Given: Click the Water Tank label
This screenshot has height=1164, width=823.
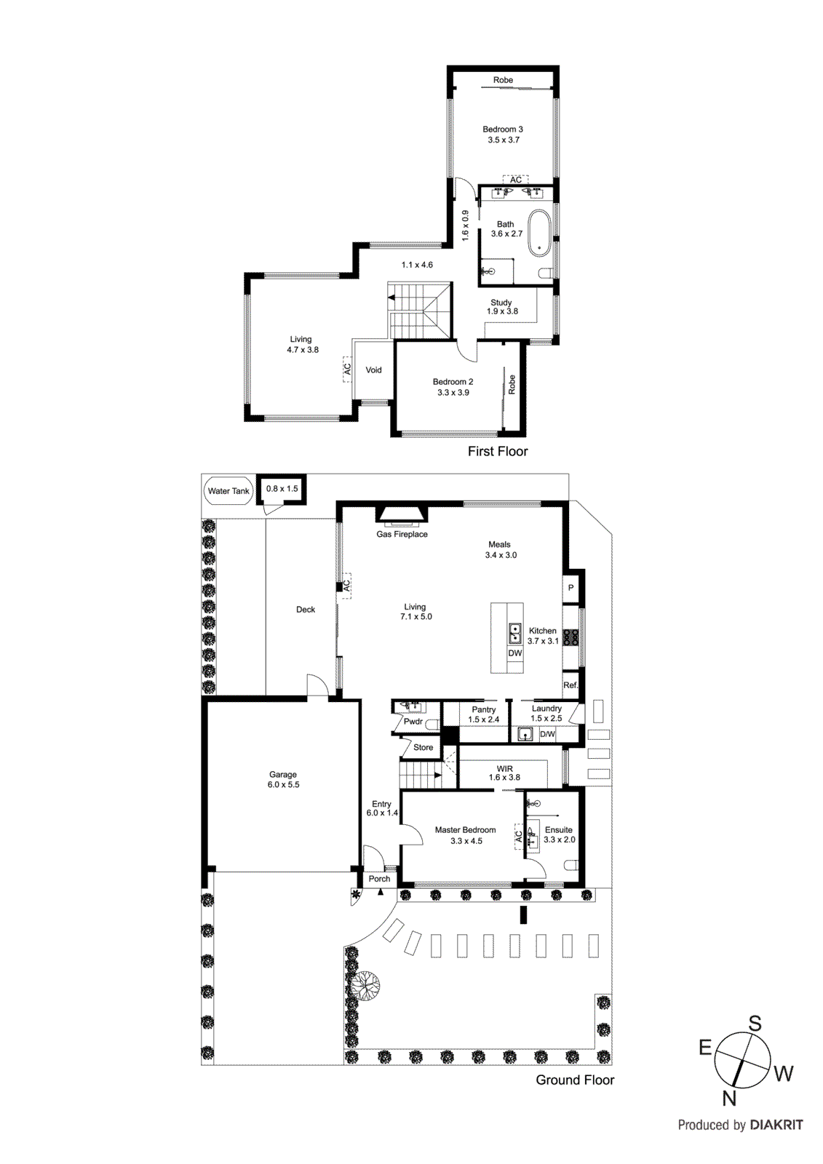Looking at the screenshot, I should (228, 491).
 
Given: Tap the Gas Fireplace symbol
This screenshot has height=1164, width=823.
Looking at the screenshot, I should (402, 515).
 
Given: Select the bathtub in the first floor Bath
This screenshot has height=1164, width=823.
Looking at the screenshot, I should (539, 233).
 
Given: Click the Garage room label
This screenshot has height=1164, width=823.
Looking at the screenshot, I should (283, 775).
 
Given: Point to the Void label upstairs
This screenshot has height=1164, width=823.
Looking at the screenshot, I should (373, 370).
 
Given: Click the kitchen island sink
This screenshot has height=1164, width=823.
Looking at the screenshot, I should (515, 633).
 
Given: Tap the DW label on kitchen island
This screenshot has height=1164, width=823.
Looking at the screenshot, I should (515, 653).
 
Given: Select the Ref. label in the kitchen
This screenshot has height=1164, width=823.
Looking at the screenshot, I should (570, 685).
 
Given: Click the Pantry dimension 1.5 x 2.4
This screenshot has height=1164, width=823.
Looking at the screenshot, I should (484, 719).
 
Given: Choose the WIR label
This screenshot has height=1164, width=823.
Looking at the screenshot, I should (505, 769).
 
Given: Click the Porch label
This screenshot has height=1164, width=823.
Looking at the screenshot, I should (379, 879).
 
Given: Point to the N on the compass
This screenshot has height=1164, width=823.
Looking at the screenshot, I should (729, 1099).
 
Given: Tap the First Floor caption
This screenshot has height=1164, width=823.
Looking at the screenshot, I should (498, 451).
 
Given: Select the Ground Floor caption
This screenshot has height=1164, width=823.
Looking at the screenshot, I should (575, 1080).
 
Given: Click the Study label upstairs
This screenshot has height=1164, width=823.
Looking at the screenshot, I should (501, 303).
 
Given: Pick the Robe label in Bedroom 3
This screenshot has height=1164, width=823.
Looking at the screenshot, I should (503, 80).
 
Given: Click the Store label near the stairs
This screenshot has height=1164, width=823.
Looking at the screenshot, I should (423, 747).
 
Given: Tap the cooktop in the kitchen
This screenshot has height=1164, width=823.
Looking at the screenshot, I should (571, 637).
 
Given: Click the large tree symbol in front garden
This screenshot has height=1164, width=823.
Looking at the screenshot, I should (365, 986).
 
